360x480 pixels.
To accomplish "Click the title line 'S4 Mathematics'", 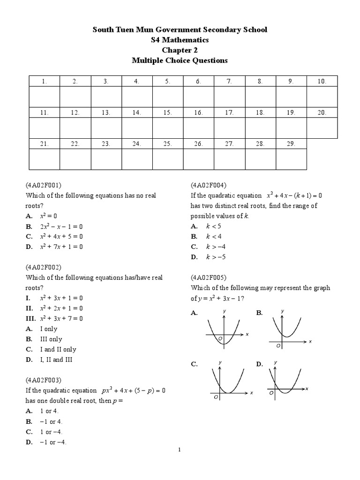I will (180, 40).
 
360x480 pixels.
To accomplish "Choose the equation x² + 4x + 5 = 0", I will (61, 236).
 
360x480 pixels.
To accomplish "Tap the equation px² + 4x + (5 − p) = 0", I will (133, 390).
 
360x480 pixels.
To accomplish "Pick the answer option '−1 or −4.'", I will (51, 442).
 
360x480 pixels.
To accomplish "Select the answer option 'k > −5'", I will (216, 257).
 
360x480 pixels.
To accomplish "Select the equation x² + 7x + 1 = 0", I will (61, 247).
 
